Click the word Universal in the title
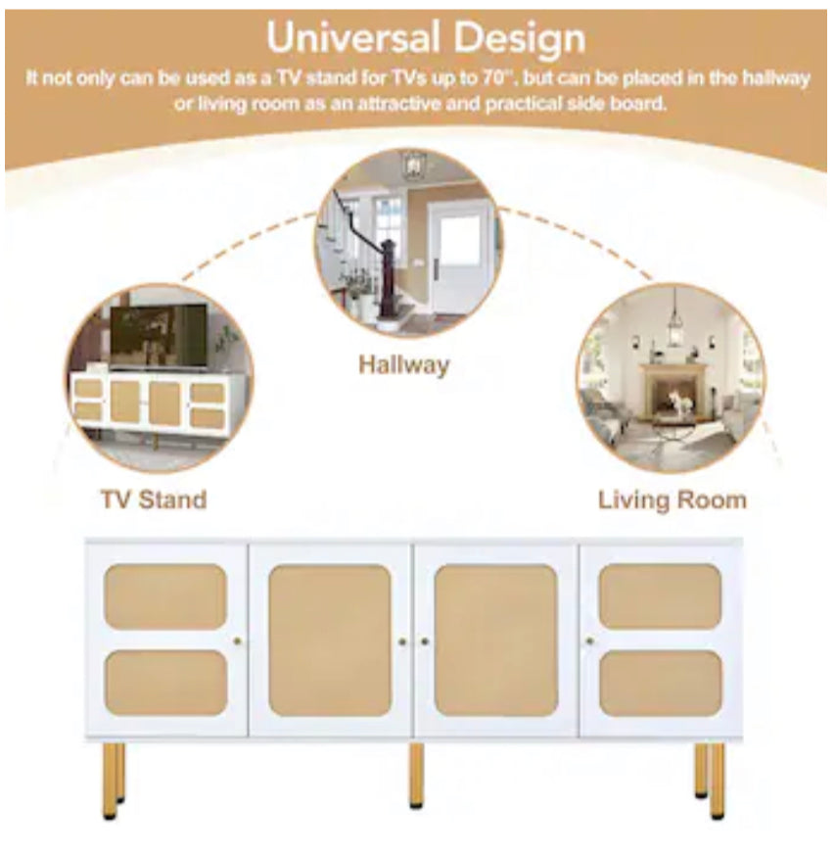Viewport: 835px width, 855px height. coord(353,38)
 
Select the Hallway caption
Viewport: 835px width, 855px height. coord(404,365)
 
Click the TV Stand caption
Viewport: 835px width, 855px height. coord(155,499)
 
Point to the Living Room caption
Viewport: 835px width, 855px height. coord(673,500)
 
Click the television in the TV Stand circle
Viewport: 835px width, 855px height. coord(159,337)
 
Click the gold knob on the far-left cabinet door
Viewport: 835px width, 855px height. coord(238,641)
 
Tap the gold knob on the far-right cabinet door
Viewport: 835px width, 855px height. coord(589,641)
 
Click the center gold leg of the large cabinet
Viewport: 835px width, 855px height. coord(416,776)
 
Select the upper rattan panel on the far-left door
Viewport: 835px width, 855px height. coord(165,597)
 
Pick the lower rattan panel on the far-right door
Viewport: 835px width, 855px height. coord(661,684)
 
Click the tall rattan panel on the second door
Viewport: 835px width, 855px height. coord(330,641)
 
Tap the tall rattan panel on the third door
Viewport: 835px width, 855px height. coord(495,641)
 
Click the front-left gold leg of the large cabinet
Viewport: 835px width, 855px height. coord(110,782)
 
